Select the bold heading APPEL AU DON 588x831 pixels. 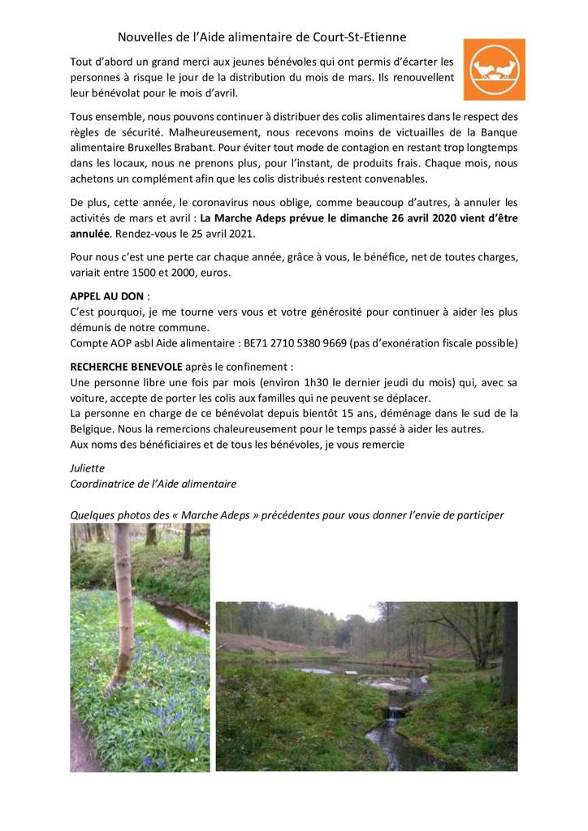(102, 297)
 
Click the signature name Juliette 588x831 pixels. (88, 468)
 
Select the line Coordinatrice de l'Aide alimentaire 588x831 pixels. (153, 484)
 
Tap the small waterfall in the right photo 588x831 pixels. (394, 714)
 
